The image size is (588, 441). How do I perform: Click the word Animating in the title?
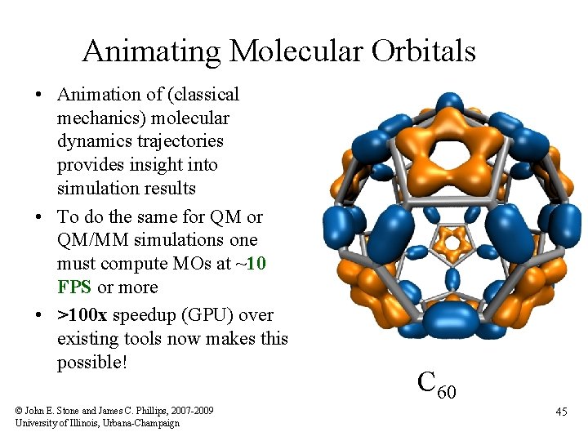152,51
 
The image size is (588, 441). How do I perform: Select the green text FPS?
75,287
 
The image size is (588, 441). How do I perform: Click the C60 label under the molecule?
436,382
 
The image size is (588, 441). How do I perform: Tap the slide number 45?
561,412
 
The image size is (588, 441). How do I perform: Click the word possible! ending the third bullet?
92,362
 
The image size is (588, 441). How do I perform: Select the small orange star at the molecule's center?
449,243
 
